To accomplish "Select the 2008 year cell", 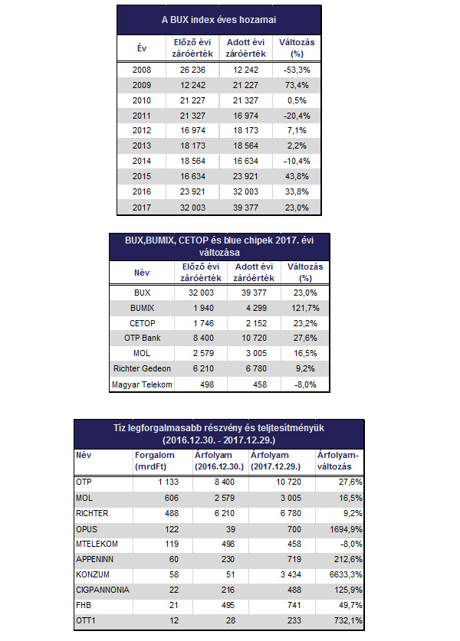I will coord(142,69).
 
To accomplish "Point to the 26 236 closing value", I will coord(195,69).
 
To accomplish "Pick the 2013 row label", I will coord(142,146).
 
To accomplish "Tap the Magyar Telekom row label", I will coord(142,384).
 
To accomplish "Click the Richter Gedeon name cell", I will coord(142,368).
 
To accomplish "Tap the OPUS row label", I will coord(86,529).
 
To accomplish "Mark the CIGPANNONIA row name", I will coord(100,590).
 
